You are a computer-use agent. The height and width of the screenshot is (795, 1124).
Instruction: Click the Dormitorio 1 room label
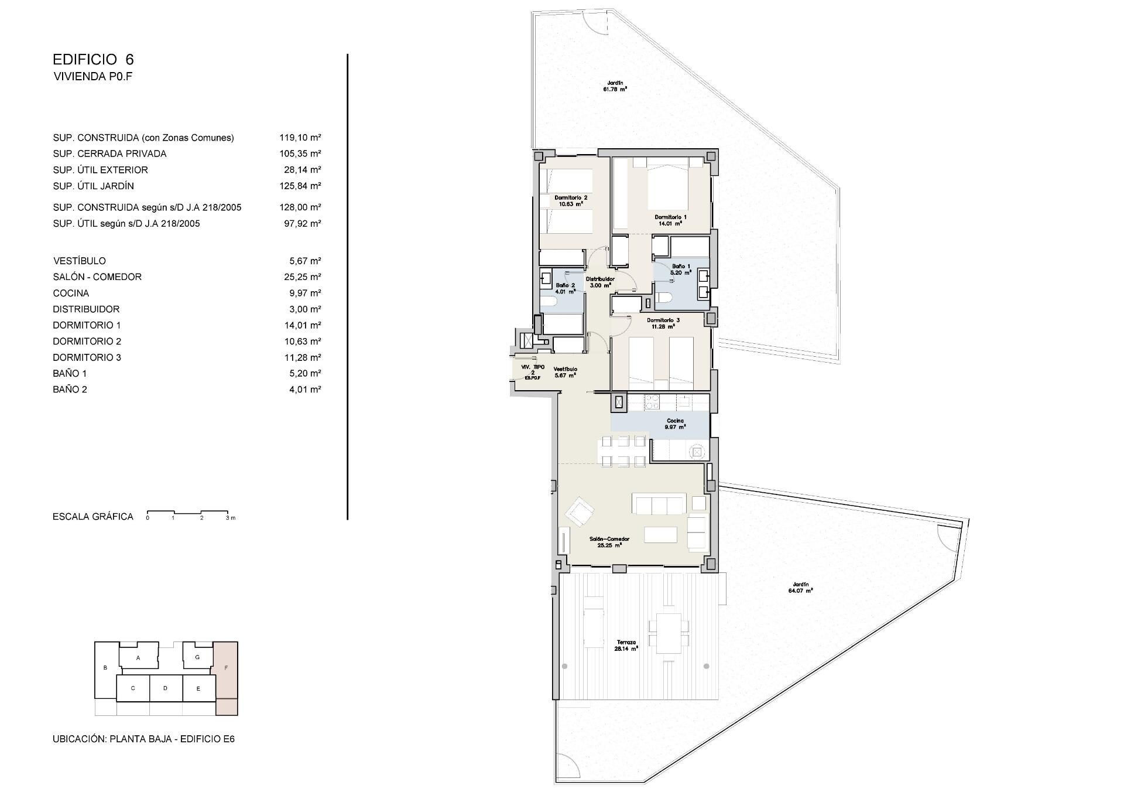pyautogui.click(x=670, y=220)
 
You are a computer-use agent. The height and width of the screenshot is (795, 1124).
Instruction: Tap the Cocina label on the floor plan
pyautogui.click(x=675, y=424)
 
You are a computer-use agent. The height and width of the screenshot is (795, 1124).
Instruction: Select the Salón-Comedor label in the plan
pyautogui.click(x=609, y=542)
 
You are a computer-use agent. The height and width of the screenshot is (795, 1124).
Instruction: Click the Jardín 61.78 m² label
pyautogui.click(x=615, y=86)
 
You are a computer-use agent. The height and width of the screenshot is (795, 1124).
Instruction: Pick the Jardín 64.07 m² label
pyautogui.click(x=800, y=588)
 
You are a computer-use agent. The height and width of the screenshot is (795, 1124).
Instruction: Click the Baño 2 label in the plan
pyautogui.click(x=566, y=288)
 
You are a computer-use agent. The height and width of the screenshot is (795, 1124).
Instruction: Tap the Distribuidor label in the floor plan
pyautogui.click(x=600, y=282)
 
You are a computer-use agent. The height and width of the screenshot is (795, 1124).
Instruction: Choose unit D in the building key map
pyautogui.click(x=166, y=688)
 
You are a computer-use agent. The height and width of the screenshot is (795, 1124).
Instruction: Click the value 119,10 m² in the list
pyautogui.click(x=300, y=138)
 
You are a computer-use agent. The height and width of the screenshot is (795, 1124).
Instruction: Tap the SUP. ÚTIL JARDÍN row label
pyautogui.click(x=94, y=186)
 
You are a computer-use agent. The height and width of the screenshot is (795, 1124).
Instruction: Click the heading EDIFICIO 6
pyautogui.click(x=94, y=59)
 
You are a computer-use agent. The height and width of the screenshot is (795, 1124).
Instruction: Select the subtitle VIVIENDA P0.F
pyautogui.click(x=93, y=76)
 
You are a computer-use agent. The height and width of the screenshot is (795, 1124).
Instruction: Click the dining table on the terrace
pyautogui.click(x=669, y=633)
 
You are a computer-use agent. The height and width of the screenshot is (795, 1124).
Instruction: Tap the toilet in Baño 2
pyautogui.click(x=548, y=302)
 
